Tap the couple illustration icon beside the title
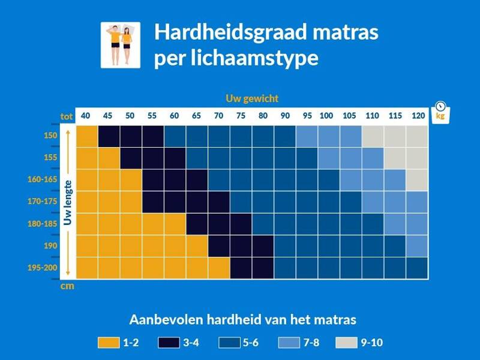point(120,45)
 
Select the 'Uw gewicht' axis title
point(252,98)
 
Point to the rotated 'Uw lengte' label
point(68,202)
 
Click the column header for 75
point(241,116)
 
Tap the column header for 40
point(86,116)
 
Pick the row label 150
point(50,136)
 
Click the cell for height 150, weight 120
point(417,136)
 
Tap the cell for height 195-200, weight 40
point(87,268)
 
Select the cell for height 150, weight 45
point(109,136)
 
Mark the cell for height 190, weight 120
point(417,246)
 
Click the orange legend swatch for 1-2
point(109,343)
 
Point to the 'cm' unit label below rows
point(67,286)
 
